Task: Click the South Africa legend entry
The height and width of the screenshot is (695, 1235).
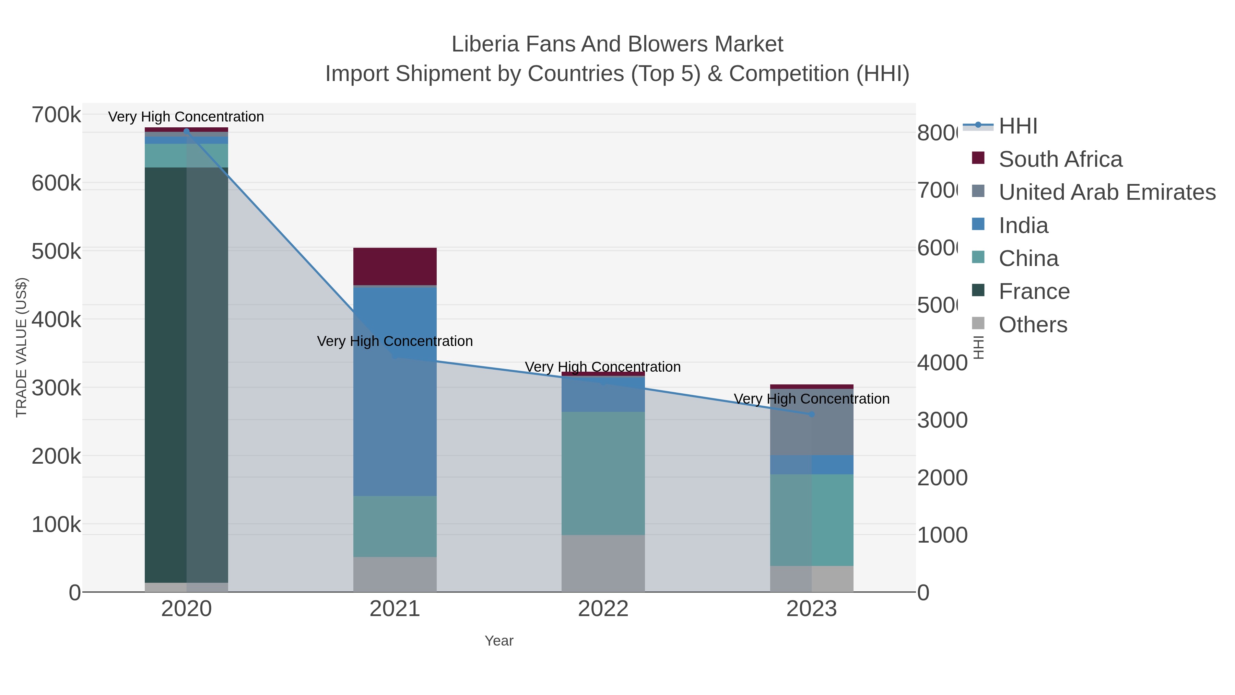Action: pyautogui.click(x=1060, y=159)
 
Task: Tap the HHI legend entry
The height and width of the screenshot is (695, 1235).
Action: pyautogui.click(x=1018, y=126)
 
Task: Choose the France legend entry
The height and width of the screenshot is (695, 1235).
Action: pyautogui.click(x=1034, y=292)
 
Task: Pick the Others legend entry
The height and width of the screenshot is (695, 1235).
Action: pyautogui.click(x=1033, y=325)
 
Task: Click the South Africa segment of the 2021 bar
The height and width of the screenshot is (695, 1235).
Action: pyautogui.click(x=395, y=267)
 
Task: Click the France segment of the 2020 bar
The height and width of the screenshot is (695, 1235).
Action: pyautogui.click(x=186, y=374)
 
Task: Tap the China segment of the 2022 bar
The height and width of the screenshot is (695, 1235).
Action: pyautogui.click(x=603, y=473)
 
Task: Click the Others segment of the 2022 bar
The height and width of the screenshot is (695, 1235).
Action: pyautogui.click(x=603, y=563)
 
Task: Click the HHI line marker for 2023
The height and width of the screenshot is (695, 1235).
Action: pyautogui.click(x=811, y=414)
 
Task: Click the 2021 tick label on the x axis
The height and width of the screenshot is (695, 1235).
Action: pyautogui.click(x=395, y=609)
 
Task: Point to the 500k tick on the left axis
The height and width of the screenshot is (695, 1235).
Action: pyautogui.click(x=56, y=251)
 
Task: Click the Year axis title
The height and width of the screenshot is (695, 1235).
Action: pyautogui.click(x=498, y=641)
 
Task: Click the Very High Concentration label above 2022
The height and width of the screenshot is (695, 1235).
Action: pyautogui.click(x=603, y=367)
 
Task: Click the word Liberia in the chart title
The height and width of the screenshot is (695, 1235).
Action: pyautogui.click(x=485, y=44)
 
